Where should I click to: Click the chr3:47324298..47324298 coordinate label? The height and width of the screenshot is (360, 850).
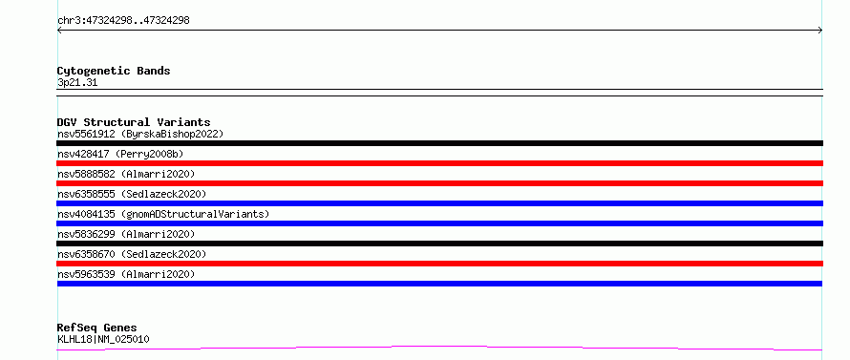click(123, 21)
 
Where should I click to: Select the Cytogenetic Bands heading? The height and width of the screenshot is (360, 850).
click(114, 71)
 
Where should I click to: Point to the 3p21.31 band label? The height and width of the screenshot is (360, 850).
click(77, 83)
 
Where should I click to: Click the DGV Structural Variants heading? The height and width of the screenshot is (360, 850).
click(134, 122)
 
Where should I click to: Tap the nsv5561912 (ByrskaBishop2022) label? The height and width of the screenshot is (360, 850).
click(140, 134)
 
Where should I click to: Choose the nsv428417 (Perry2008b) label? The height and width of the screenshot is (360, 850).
click(120, 154)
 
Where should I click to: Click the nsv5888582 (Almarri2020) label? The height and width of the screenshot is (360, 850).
click(126, 174)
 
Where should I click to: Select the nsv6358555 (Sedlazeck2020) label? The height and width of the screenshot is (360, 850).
click(132, 194)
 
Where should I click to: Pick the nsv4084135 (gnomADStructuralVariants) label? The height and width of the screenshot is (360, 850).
click(163, 214)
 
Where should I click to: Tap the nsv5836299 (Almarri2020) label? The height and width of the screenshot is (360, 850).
click(126, 234)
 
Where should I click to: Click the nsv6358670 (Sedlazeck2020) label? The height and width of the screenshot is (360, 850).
click(132, 254)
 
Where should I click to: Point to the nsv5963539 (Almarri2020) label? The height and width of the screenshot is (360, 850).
click(126, 274)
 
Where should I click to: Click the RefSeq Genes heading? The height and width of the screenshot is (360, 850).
click(97, 328)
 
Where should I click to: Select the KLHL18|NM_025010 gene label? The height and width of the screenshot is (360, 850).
click(103, 340)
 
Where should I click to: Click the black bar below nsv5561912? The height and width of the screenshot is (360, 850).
click(439, 143)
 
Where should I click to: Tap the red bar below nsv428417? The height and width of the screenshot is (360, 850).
click(439, 163)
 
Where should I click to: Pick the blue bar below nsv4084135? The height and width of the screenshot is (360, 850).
click(439, 223)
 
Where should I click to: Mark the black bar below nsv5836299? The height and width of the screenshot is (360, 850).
click(439, 244)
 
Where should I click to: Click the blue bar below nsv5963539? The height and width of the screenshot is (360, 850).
click(439, 284)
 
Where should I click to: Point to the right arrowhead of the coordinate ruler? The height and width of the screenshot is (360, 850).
click(821, 31)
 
